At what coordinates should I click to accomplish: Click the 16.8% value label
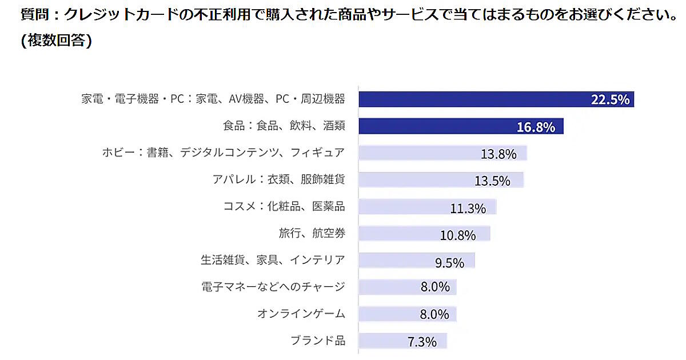[536, 127]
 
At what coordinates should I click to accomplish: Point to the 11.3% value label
[468, 208]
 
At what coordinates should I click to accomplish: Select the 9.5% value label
[449, 262]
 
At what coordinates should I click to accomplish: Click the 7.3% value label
[422, 342]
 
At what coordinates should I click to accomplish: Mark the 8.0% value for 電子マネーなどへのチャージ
[435, 287]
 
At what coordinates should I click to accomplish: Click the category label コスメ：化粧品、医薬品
[284, 206]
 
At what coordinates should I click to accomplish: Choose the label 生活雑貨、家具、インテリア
[273, 260]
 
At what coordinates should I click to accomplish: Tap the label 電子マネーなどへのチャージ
[273, 287]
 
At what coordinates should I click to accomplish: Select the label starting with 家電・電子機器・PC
[213, 99]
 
